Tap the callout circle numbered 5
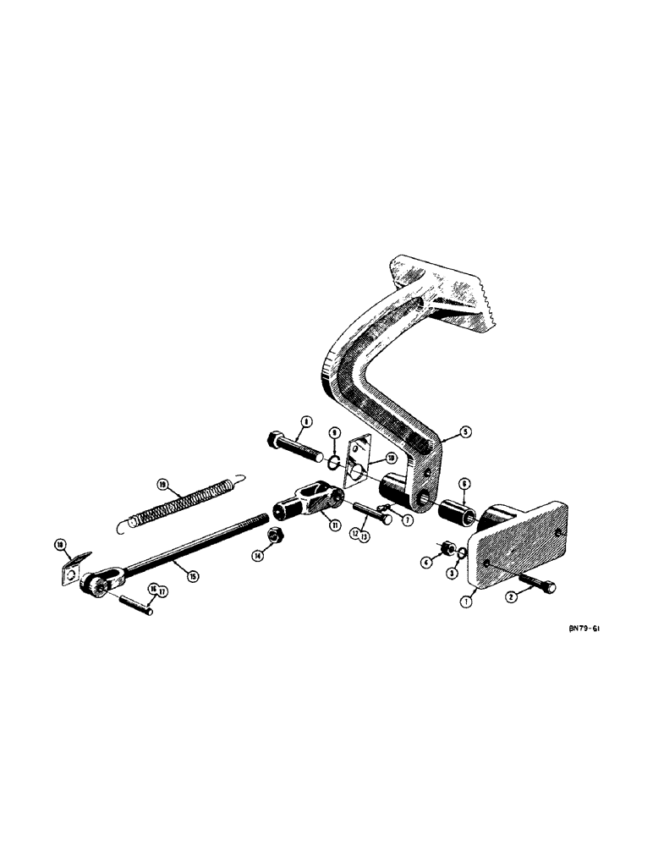[466, 430]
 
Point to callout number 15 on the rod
[193, 576]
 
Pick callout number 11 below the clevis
[335, 525]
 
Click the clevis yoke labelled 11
[305, 500]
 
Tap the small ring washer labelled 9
[334, 461]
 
